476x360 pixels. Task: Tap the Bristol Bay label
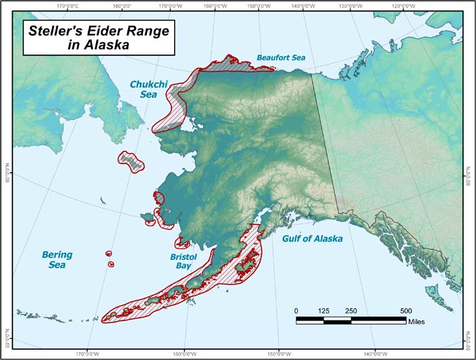184,262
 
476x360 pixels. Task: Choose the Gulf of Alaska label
312,239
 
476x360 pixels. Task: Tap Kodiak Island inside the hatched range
248,263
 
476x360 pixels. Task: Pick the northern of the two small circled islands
109,253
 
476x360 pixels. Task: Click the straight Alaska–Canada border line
325,136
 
